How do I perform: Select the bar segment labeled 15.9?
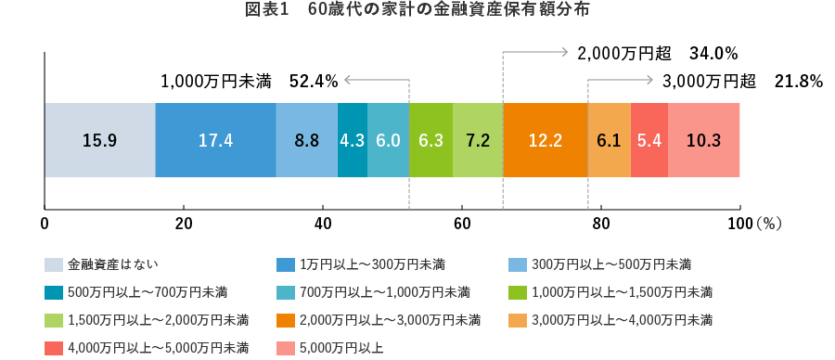coord(99,140)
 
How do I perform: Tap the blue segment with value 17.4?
coord(215,140)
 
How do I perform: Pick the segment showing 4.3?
coord(352,140)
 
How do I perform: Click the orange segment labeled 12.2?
coord(545,140)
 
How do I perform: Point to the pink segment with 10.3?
coord(703,140)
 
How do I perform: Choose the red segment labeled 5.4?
coord(649,140)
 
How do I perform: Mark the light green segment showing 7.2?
coord(477,140)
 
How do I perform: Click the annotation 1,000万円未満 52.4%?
coord(249,82)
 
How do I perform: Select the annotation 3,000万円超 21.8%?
coord(743,82)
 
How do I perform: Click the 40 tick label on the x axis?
coord(323,224)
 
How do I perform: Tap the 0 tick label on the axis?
coord(45,224)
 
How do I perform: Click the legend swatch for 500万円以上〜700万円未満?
coord(53,293)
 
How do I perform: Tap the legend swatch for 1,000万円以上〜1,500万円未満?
coord(517,293)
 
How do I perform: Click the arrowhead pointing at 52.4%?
coord(344,81)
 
